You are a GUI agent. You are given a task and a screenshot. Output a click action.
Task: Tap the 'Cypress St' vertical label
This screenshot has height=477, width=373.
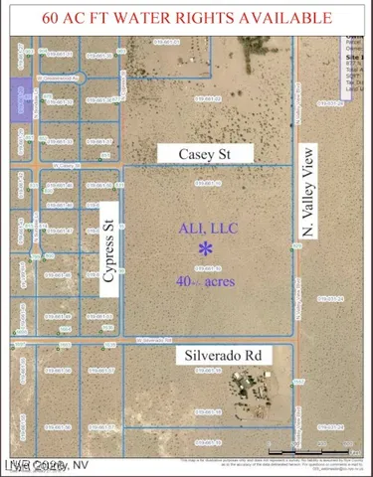pyautogui.click(x=109, y=244)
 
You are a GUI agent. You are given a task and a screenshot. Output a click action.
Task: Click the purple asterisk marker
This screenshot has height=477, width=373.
pyautogui.click(x=206, y=248)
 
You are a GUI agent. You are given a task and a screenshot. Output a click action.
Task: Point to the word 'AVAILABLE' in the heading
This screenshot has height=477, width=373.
pyautogui.click(x=285, y=17)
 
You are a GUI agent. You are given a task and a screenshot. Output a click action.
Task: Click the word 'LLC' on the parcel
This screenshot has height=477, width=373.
pyautogui.click(x=221, y=228)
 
